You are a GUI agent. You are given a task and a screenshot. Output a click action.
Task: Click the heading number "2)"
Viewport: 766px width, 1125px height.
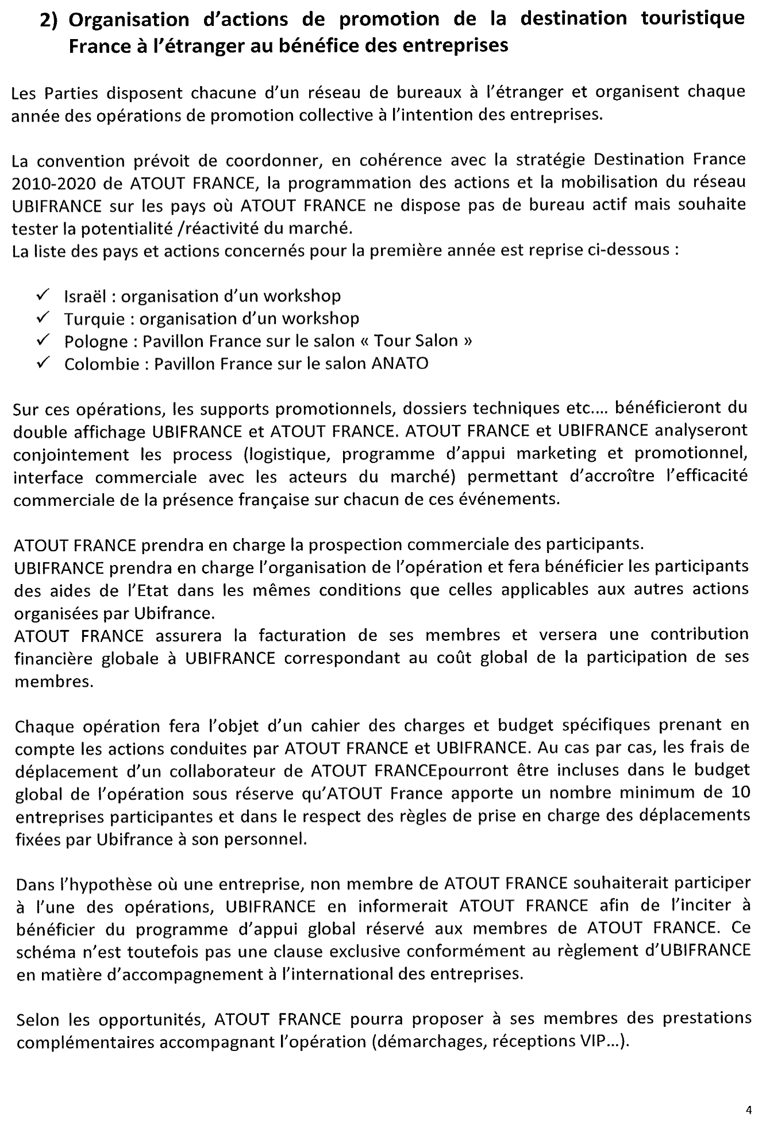(x=50, y=20)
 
